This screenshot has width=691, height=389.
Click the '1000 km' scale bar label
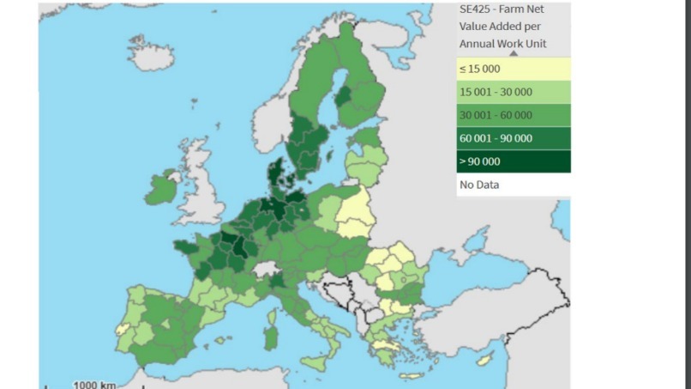tap(94, 384)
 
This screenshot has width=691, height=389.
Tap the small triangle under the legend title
tap(514, 52)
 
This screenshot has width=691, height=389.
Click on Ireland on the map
tap(160, 188)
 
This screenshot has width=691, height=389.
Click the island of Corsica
tap(274, 300)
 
